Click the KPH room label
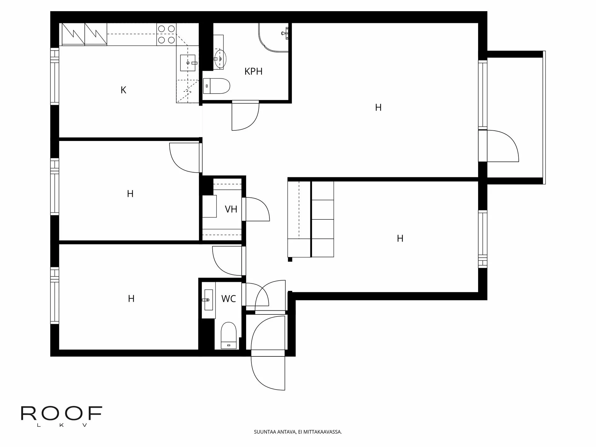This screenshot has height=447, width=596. pos(253,71)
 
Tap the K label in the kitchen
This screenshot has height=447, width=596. pos(123,90)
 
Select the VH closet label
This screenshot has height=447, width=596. pos(231,209)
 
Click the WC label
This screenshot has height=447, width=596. pos(228,299)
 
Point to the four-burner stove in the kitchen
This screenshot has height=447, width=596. pos(166,34)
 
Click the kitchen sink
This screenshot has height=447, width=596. pos(188,62)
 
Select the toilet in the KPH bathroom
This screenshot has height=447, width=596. pos(216,86)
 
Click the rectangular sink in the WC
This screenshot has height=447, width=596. pos(208,300)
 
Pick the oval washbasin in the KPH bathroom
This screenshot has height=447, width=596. pos(220,58)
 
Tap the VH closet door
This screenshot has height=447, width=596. pos(256,210)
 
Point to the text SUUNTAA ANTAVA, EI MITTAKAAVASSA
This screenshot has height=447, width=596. pos(298,432)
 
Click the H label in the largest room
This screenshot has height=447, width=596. pos(378,108)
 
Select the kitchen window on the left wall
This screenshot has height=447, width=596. pos(55,76)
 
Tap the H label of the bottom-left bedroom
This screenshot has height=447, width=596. pos(131,299)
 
